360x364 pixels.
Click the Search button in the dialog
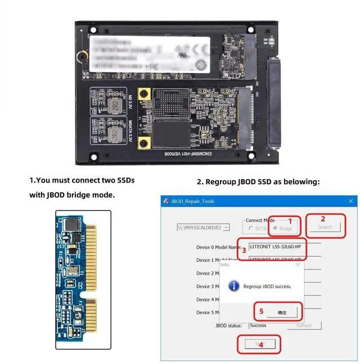click(325, 227)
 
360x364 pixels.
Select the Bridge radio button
click(275, 228)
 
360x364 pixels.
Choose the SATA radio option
click(251, 228)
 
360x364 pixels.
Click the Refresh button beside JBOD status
click(304, 325)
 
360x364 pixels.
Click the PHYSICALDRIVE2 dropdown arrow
click(226, 228)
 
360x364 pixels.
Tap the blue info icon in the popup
click(234, 286)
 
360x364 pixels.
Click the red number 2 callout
click(323, 219)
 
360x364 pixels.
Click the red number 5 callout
click(261, 311)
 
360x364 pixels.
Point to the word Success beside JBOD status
click(258, 325)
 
